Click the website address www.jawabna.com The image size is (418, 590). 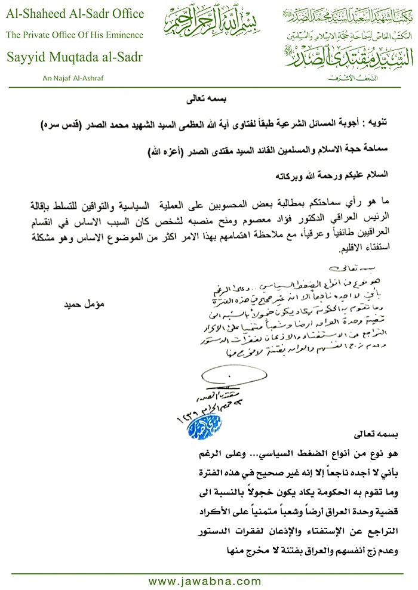[205, 581]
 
